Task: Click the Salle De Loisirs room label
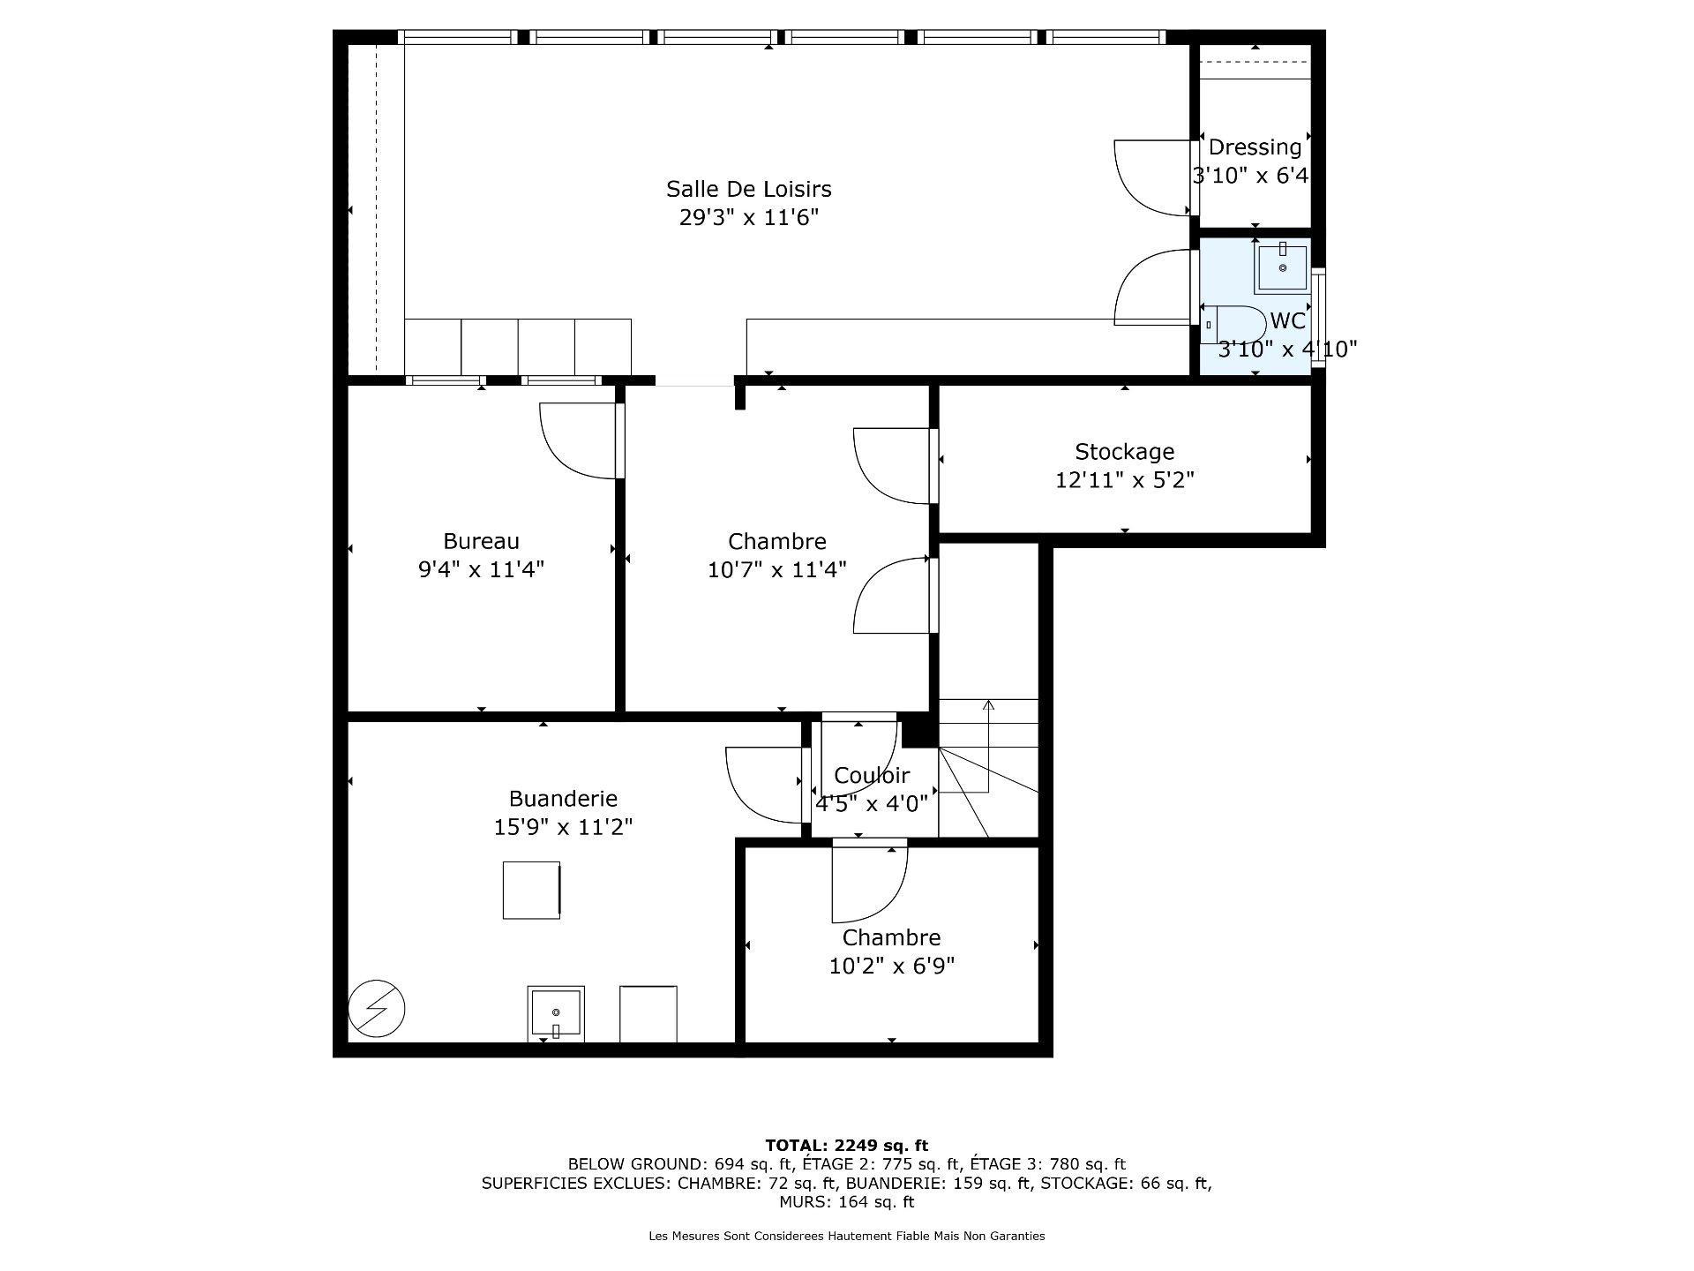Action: click(748, 189)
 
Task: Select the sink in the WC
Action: click(1281, 267)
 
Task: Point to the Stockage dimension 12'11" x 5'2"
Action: click(1124, 480)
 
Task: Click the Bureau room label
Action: click(481, 541)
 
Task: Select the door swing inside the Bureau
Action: click(578, 440)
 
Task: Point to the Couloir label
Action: click(871, 776)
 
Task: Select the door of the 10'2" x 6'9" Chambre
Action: click(868, 883)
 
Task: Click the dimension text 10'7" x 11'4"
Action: click(776, 570)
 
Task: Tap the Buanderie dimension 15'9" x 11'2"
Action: click(563, 827)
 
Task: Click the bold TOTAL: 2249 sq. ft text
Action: click(846, 1146)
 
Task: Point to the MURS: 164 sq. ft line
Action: click(846, 1202)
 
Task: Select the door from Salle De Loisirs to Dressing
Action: click(1153, 177)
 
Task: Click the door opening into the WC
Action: click(1153, 287)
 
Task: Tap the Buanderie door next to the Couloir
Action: click(764, 784)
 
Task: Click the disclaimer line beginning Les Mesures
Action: click(846, 1236)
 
